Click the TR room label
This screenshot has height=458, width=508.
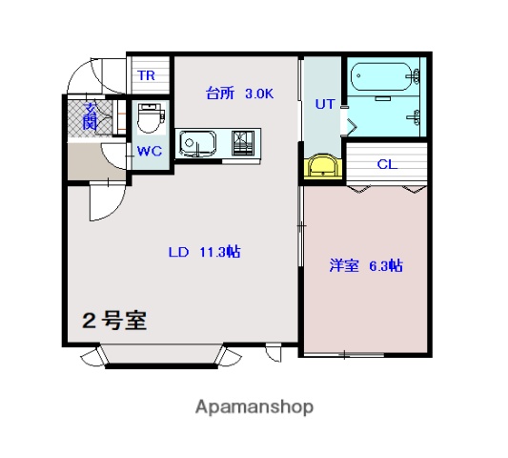click(147, 75)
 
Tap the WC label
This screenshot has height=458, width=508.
click(150, 151)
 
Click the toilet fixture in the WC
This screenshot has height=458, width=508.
click(151, 118)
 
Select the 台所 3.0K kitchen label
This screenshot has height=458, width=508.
click(239, 94)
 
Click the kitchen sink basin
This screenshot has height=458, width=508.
click(197, 143)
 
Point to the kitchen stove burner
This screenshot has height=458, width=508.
click(242, 143)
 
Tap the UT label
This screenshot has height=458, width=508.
click(325, 104)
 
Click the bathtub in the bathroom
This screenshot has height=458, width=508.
click(381, 77)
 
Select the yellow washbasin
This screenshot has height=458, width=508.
click(323, 166)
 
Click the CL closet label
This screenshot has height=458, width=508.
click(387, 164)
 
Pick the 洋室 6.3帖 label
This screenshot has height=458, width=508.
click(366, 265)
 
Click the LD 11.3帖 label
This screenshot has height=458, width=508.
click(204, 252)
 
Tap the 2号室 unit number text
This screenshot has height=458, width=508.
click(114, 321)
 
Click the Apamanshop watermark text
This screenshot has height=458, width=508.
click(254, 407)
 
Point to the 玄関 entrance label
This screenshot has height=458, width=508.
click(90, 116)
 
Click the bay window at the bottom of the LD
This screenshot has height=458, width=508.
click(161, 356)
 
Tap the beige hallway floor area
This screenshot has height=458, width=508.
click(96, 161)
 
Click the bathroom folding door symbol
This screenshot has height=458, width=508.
click(352, 127)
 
